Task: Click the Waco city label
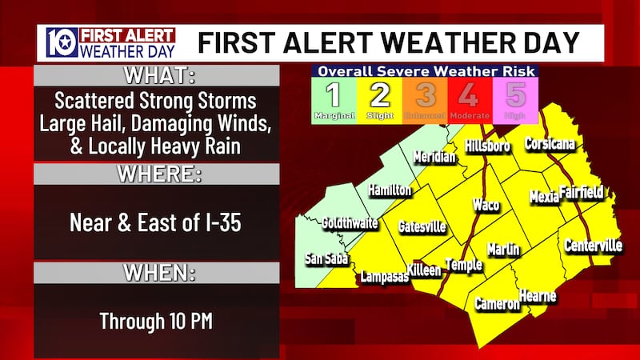point(486,205)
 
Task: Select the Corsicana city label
point(554,145)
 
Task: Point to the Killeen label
point(424,270)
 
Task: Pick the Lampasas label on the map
point(384,278)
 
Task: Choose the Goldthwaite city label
point(350,225)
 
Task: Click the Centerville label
point(593,246)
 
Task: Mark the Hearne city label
point(537,297)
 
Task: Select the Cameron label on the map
point(498,304)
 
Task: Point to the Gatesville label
point(422,227)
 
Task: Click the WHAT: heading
point(157,77)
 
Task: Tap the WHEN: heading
point(157,273)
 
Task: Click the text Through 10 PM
point(156,321)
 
